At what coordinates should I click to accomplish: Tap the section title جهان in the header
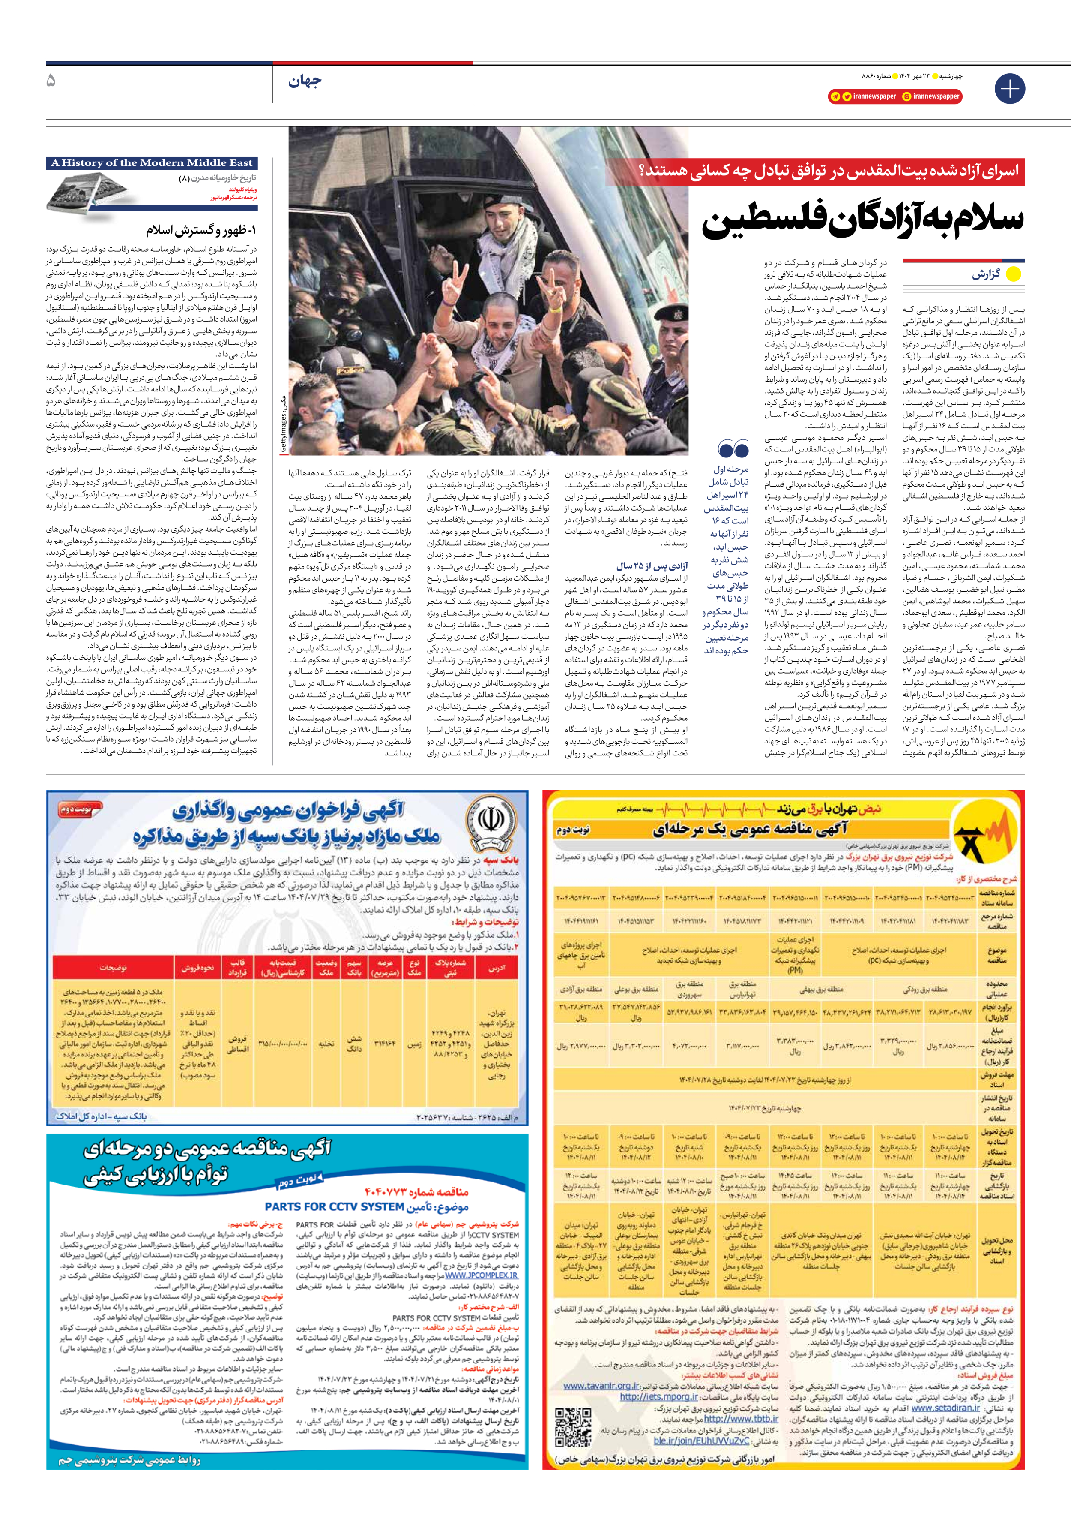tap(305, 81)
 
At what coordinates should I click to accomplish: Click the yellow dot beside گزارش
tap(1013, 274)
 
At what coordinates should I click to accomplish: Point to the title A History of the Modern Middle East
tap(152, 162)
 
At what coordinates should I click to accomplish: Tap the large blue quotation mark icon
tap(733, 448)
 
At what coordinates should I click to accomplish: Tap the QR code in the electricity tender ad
tap(573, 1426)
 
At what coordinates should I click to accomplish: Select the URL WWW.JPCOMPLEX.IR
tap(481, 1275)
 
